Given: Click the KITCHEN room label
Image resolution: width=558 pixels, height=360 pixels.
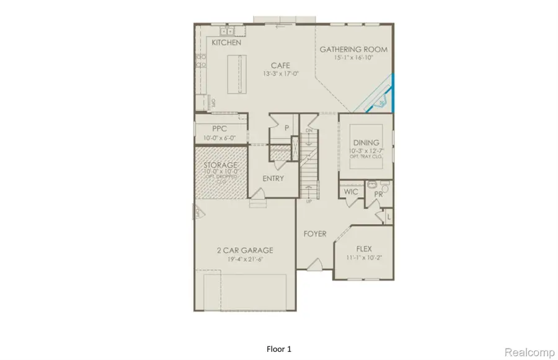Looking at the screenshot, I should (x=226, y=43).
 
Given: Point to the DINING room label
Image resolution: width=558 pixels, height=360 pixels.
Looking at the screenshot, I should (x=365, y=143).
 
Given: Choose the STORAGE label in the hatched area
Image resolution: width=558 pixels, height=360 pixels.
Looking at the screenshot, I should (x=221, y=165).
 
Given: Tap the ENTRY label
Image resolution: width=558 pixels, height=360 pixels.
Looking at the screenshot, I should (x=273, y=178).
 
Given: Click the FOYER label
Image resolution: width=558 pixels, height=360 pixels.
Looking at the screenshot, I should (x=315, y=234).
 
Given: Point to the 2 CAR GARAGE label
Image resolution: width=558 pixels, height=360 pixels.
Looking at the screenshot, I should (x=244, y=250).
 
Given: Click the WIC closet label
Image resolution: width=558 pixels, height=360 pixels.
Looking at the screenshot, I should (x=350, y=193).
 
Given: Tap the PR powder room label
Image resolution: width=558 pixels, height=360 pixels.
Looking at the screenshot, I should (x=378, y=195).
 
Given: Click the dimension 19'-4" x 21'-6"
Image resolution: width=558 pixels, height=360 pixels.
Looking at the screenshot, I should (x=244, y=259).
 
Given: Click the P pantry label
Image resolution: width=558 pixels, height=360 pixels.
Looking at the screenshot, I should (x=287, y=128).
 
